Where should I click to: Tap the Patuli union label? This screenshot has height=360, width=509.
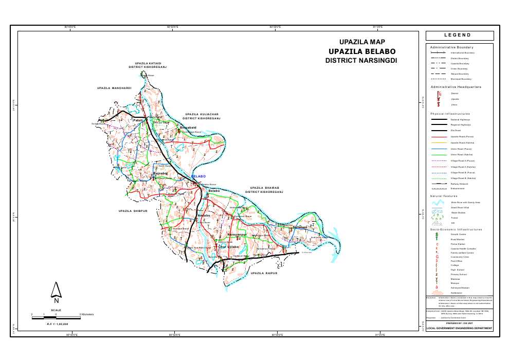[x=137, y=120]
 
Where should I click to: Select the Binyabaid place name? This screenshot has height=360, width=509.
[x=188, y=127]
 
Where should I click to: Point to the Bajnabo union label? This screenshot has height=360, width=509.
[x=161, y=174]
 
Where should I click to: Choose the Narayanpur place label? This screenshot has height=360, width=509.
[x=237, y=235]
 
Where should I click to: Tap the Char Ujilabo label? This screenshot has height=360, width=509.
[x=229, y=247]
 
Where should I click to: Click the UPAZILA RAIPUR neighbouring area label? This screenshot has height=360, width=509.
[x=263, y=274]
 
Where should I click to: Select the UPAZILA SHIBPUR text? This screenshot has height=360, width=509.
[x=133, y=211]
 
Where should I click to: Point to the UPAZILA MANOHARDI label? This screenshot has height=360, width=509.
[x=114, y=88]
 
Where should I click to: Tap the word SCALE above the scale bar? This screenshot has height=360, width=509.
[x=56, y=310]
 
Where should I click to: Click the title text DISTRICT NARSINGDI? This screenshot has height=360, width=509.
[x=362, y=61]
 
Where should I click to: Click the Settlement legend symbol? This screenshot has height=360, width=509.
[x=437, y=292]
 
